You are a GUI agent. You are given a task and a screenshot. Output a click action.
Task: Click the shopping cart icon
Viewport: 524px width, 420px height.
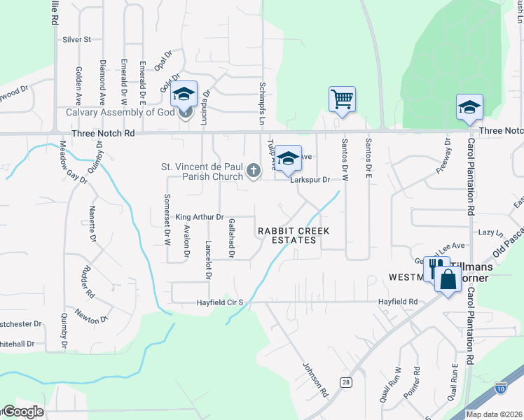342,99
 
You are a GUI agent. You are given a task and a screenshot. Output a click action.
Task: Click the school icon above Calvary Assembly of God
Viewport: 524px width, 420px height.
184,94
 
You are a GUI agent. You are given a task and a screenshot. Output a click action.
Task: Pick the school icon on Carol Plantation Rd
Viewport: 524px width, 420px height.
469,106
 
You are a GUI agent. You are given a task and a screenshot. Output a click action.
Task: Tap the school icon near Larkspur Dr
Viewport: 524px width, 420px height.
288,158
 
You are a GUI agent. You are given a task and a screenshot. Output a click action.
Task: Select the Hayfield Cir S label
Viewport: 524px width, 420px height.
219,302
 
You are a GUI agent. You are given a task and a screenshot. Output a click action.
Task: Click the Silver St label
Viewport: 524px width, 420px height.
77,40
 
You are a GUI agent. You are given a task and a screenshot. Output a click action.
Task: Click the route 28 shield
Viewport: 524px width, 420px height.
346,381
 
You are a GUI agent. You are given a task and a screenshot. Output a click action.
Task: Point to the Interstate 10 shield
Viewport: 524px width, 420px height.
500,387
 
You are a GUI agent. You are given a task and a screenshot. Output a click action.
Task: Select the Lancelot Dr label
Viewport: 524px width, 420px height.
208,260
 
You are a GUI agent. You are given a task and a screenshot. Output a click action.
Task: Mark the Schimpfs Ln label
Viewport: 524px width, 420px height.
263,102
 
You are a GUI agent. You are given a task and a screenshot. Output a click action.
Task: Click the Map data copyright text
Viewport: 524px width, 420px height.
494,414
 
